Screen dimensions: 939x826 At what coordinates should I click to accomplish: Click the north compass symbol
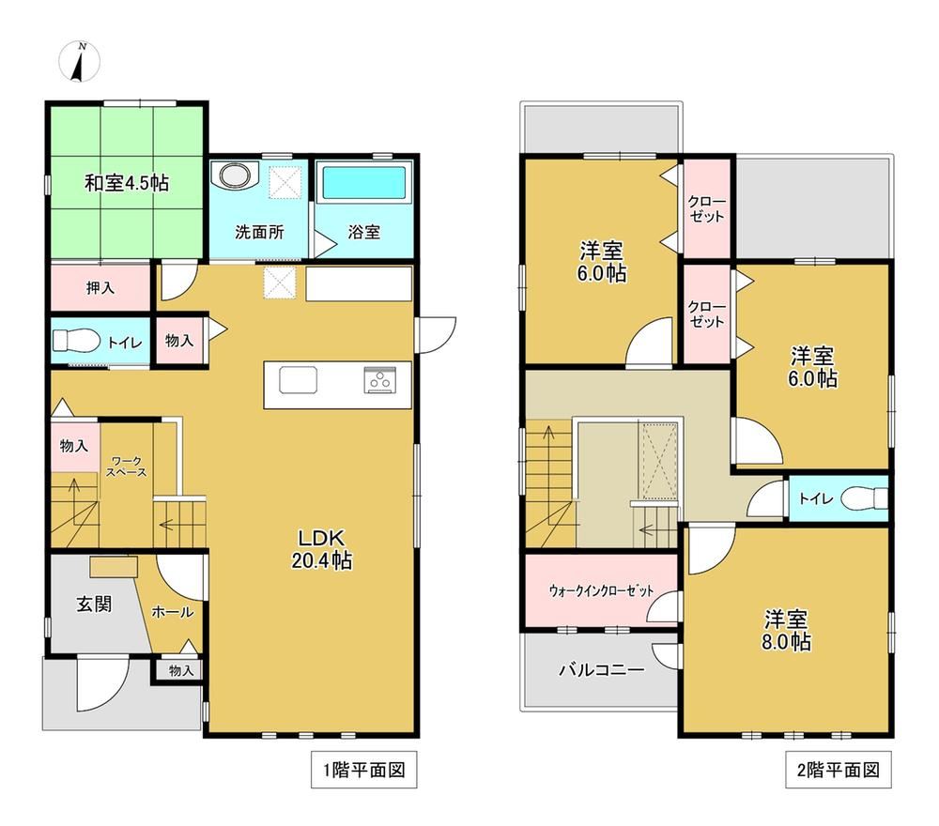(79, 62)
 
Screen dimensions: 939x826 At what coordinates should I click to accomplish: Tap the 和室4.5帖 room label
(127, 182)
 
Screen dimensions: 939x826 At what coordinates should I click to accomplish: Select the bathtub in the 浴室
(364, 182)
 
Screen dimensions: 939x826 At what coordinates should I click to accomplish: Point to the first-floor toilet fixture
(76, 341)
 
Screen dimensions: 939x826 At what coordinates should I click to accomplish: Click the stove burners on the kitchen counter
(379, 379)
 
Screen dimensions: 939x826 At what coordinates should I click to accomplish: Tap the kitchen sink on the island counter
(298, 379)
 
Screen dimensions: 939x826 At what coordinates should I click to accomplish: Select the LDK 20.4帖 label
(321, 549)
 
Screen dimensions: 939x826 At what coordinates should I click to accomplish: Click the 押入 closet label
(100, 288)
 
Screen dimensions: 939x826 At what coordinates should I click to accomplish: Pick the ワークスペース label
(127, 467)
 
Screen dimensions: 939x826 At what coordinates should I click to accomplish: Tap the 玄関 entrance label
(94, 604)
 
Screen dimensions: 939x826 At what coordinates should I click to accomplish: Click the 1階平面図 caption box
(364, 770)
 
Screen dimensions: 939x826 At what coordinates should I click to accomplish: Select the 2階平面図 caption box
(839, 770)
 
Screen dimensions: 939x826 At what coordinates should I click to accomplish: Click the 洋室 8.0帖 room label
(786, 630)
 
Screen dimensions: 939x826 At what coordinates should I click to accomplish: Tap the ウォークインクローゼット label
(601, 590)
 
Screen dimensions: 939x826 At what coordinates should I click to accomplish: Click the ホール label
(173, 612)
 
